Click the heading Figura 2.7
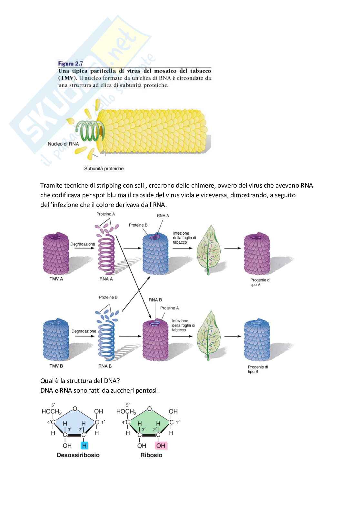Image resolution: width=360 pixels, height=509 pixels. (70, 64)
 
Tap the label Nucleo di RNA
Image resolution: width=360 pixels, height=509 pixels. (63, 144)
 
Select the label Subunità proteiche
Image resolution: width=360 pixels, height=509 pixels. (104, 168)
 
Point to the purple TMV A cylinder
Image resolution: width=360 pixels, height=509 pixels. (56, 253)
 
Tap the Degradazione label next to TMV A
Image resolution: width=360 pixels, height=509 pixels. (83, 244)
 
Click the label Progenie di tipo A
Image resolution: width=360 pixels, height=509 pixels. (260, 282)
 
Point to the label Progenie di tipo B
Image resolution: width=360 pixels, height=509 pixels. (258, 369)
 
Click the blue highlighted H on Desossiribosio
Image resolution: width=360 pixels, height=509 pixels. (84, 445)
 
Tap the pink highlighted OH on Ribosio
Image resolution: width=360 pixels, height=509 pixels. (161, 445)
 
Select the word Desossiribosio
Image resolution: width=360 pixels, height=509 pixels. (78, 455)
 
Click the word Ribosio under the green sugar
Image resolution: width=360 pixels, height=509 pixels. (151, 455)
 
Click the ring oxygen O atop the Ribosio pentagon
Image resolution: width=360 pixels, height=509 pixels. (149, 409)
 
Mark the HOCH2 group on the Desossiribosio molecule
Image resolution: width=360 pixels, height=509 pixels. (52, 412)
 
